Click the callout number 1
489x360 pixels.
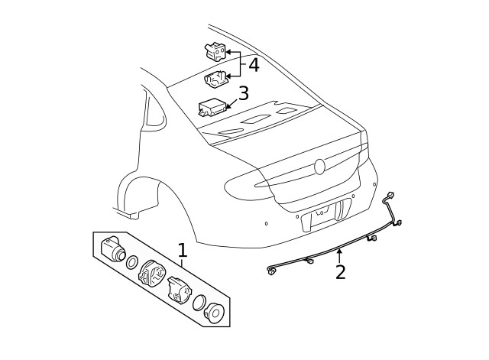[182, 250]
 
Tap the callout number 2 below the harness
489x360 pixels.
[340, 272]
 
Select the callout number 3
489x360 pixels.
[243, 94]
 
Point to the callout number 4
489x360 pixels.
[253, 65]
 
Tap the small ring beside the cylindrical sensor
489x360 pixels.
[131, 263]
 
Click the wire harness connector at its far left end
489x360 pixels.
[271, 271]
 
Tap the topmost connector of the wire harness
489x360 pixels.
[390, 195]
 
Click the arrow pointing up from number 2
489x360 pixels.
[339, 254]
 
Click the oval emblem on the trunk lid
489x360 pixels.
[320, 167]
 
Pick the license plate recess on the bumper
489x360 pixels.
[326, 216]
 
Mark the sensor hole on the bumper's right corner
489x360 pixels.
[374, 184]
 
